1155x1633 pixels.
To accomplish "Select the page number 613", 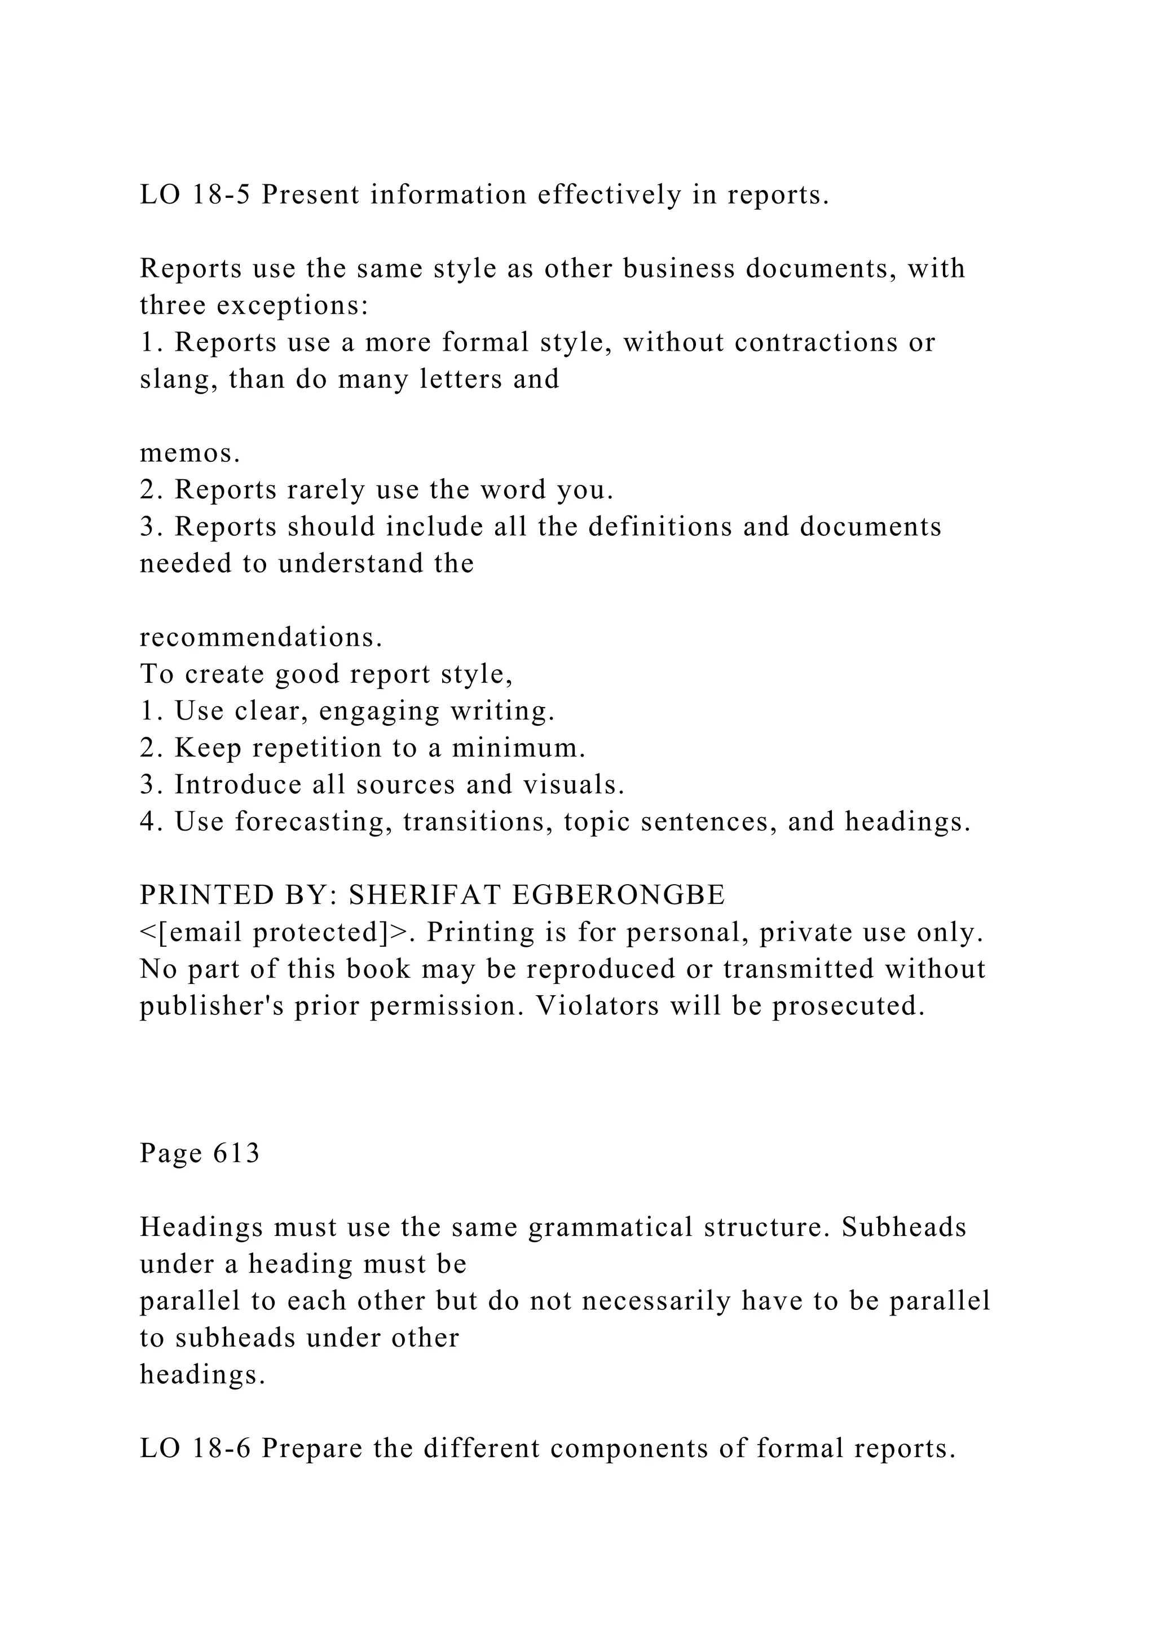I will tap(237, 1153).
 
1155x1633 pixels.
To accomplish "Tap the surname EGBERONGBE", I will tap(618, 895).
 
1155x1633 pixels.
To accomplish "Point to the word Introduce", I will tap(238, 784).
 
